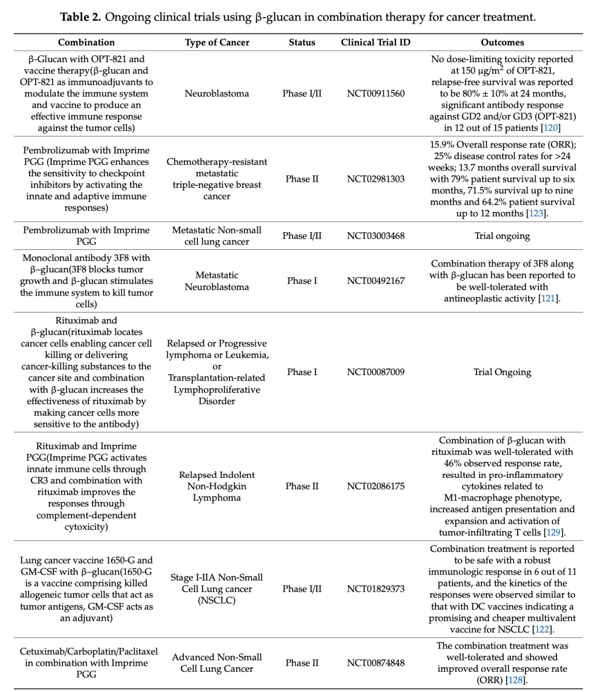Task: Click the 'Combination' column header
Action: click(x=86, y=42)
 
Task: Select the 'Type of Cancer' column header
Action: click(x=217, y=42)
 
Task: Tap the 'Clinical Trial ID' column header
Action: click(x=376, y=42)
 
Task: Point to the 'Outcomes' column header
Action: click(x=502, y=42)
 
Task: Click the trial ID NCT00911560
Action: click(x=376, y=93)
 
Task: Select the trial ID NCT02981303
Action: click(x=376, y=179)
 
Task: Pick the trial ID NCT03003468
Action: click(x=376, y=236)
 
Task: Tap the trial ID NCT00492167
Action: click(x=376, y=281)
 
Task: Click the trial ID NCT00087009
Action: click(x=376, y=372)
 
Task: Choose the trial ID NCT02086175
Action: click(x=376, y=486)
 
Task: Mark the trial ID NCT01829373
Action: click(x=376, y=589)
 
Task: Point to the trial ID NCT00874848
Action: click(x=376, y=663)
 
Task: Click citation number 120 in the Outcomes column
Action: click(x=551, y=128)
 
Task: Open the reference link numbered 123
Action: click(x=536, y=214)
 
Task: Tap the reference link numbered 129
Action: click(x=553, y=532)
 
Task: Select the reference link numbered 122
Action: click(x=542, y=629)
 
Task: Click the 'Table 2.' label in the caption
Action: click(x=81, y=17)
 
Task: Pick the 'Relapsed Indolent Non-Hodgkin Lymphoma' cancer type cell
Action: click(x=217, y=486)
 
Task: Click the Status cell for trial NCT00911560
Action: click(x=302, y=93)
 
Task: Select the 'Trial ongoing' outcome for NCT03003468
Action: click(x=502, y=236)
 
